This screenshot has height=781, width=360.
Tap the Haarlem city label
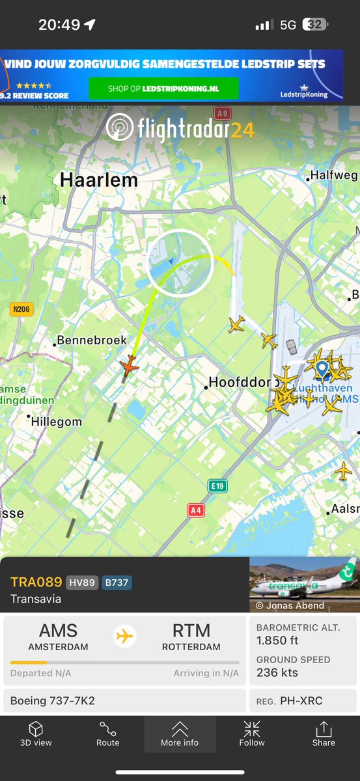pyautogui.click(x=99, y=180)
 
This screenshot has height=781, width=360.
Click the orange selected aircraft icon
pyautogui.click(x=130, y=365)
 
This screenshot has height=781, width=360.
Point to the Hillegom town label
pyautogui.click(x=57, y=422)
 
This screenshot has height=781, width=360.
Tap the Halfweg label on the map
pyautogui.click(x=334, y=176)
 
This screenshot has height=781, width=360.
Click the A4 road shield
pyautogui.click(x=196, y=510)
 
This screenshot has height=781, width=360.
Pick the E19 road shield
pyautogui.click(x=217, y=486)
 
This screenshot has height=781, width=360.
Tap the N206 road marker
pyautogui.click(x=21, y=310)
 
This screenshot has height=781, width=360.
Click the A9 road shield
pyautogui.click(x=223, y=113)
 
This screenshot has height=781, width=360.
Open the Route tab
pyautogui.click(x=108, y=734)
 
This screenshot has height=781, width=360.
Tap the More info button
pyautogui.click(x=180, y=734)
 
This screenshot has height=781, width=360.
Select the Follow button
pyautogui.click(x=252, y=734)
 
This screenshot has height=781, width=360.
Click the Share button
pyautogui.click(x=324, y=734)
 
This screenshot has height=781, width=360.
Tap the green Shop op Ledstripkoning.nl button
pyautogui.click(x=163, y=88)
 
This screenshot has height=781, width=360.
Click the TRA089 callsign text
pyautogui.click(x=36, y=582)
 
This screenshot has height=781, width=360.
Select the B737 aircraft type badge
pyautogui.click(x=117, y=582)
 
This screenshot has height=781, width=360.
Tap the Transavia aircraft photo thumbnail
pyautogui.click(x=305, y=584)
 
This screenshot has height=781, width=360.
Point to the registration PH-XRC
pyautogui.click(x=301, y=701)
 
